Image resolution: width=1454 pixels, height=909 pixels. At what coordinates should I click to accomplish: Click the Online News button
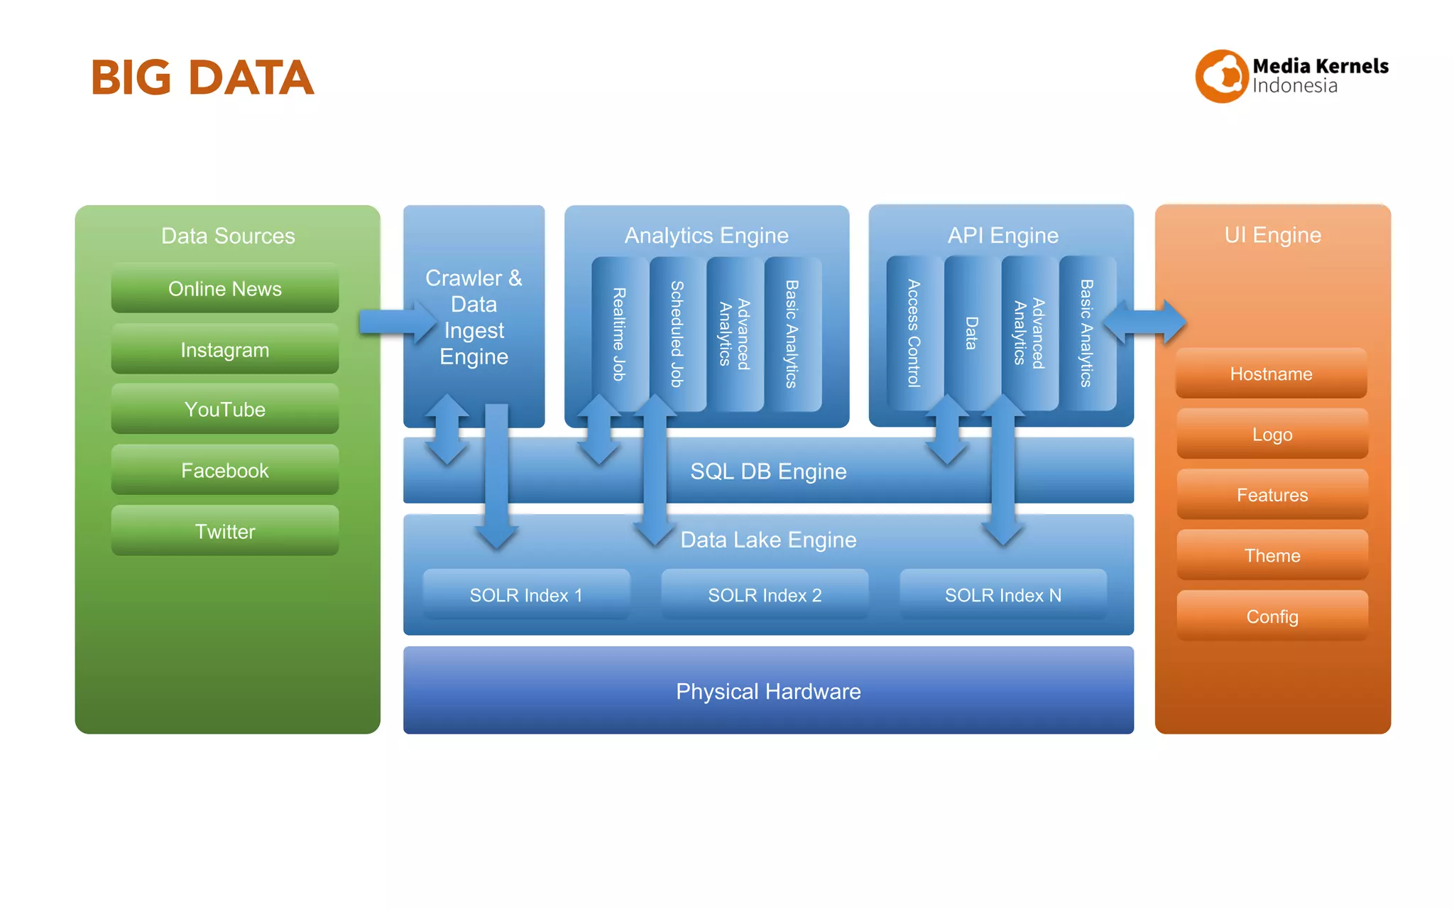(x=224, y=289)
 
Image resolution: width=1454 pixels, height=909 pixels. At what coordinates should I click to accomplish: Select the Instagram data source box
(x=224, y=349)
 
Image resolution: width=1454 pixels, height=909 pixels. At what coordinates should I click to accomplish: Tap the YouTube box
(x=224, y=410)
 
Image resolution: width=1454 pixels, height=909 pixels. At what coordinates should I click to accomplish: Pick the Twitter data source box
(x=224, y=531)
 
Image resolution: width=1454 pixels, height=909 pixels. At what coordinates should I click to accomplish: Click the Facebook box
(x=224, y=470)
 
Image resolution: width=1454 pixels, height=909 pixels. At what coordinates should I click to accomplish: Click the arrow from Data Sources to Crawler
(x=396, y=322)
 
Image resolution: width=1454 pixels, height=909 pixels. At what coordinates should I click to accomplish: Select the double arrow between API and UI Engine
(x=1144, y=322)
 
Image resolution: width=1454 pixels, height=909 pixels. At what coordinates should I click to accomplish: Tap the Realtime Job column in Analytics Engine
(x=619, y=334)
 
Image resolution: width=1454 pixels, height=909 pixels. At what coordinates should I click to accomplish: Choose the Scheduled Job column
(x=677, y=334)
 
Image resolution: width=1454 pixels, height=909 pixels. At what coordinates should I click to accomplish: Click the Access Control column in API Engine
(x=914, y=334)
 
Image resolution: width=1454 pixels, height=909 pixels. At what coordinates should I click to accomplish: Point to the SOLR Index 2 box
(x=765, y=595)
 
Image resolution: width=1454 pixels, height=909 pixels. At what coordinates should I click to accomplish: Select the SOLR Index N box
(x=1002, y=595)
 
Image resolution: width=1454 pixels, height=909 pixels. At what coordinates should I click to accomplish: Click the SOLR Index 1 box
(x=526, y=595)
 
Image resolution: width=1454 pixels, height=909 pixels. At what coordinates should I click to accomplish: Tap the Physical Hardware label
(x=768, y=691)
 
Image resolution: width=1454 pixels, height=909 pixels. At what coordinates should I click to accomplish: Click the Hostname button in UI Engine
(x=1271, y=374)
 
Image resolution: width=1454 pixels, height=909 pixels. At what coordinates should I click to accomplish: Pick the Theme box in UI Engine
(x=1272, y=555)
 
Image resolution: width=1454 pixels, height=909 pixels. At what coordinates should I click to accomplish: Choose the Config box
(x=1272, y=616)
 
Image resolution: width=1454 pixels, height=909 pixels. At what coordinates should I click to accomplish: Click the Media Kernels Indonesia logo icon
(x=1221, y=76)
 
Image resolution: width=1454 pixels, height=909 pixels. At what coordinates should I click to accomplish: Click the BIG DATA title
(x=202, y=77)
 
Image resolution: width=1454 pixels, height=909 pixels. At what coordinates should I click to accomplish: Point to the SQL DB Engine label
(x=768, y=472)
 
